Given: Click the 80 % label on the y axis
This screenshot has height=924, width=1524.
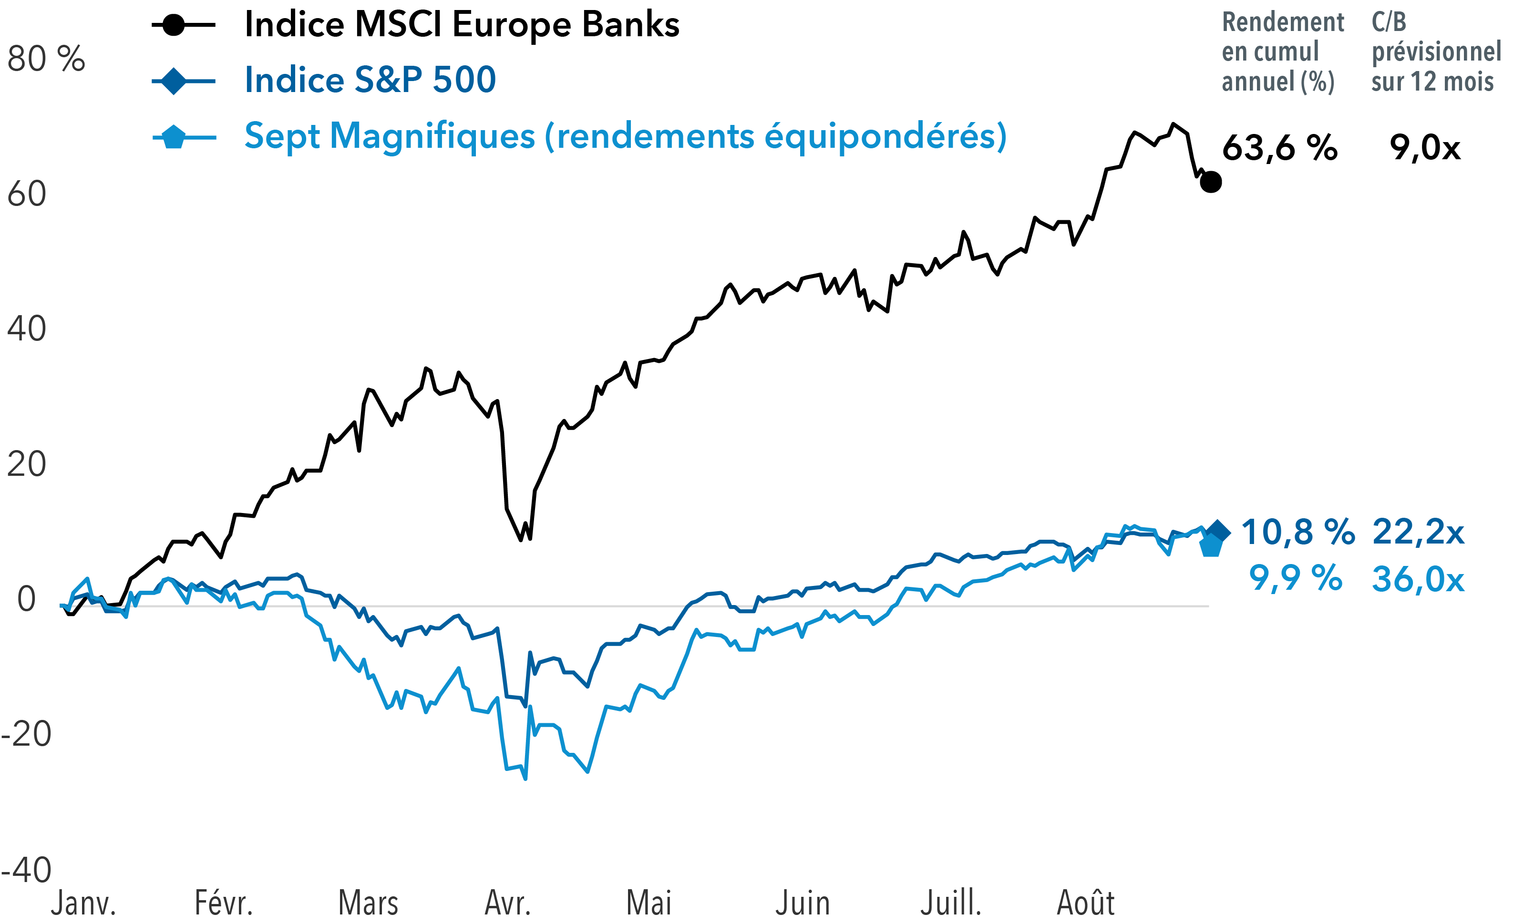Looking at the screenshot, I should pyautogui.click(x=46, y=60).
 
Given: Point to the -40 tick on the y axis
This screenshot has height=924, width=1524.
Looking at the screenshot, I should pyautogui.click(x=26, y=870).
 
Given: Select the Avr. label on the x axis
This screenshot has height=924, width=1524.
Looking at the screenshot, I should pyautogui.click(x=508, y=903).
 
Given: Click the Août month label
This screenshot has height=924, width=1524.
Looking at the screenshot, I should pyautogui.click(x=1085, y=903).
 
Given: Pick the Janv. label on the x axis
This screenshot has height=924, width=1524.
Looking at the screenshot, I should pyautogui.click(x=83, y=903).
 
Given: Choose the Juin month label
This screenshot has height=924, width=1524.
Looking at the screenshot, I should pyautogui.click(x=802, y=903).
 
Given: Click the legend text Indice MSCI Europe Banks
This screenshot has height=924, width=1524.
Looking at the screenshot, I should pyautogui.click(x=462, y=25).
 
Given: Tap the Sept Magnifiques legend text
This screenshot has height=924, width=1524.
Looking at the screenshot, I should pyautogui.click(x=625, y=136).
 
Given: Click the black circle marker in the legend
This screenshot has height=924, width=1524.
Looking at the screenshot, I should pyautogui.click(x=175, y=25).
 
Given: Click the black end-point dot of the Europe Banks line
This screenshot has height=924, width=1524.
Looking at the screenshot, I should pyautogui.click(x=1210, y=182).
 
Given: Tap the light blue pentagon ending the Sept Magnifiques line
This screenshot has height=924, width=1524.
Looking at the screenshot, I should pyautogui.click(x=1210, y=546).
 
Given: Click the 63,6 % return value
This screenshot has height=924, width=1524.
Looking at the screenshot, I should pyautogui.click(x=1279, y=148).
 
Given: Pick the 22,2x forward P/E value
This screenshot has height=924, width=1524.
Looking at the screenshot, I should pyautogui.click(x=1418, y=532).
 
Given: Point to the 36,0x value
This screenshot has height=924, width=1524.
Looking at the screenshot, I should pyautogui.click(x=1418, y=579).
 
